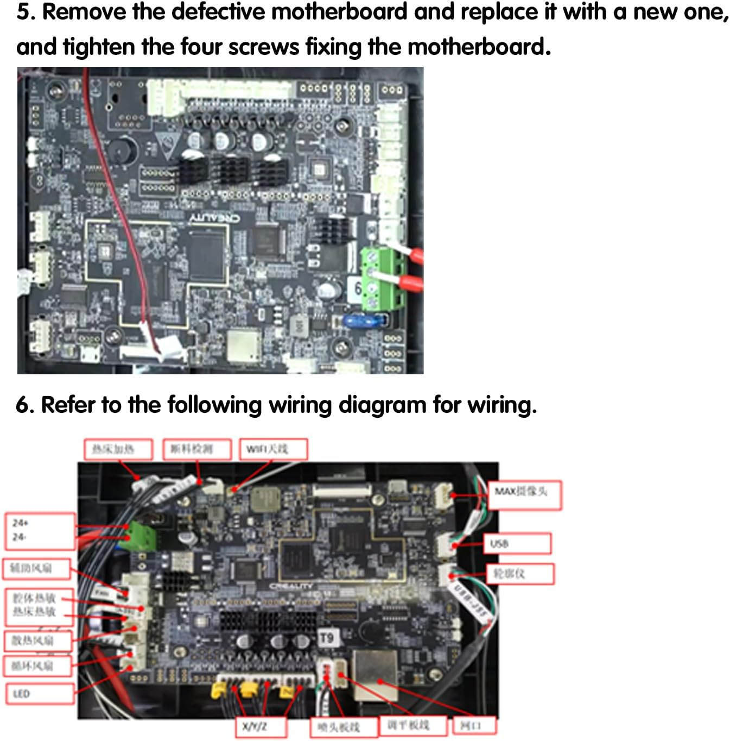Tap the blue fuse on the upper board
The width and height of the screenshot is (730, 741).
pos(366,319)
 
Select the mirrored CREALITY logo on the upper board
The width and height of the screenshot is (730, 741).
pos(214,218)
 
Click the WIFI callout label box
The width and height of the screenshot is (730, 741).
pos(273,449)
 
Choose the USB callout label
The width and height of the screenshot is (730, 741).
pos(517,543)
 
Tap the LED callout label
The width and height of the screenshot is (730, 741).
pos(40,694)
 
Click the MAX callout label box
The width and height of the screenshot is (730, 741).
pos(524,494)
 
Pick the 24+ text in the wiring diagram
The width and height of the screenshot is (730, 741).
pos(21,523)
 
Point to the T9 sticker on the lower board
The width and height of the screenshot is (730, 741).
pos(326,638)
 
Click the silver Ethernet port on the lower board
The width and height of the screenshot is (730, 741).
pos(376,675)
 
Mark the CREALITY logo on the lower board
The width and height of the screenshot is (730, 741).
pos(291,587)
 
